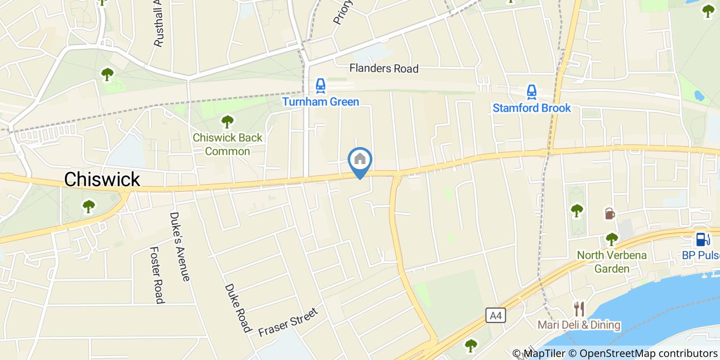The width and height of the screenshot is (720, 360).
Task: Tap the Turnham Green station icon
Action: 320,86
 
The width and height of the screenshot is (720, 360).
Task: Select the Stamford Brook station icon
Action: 532,92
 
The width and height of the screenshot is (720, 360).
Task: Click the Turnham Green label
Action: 320,102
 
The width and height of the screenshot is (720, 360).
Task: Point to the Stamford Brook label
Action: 532,108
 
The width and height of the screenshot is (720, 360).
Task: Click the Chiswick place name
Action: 102,179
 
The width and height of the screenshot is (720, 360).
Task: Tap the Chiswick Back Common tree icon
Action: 227,122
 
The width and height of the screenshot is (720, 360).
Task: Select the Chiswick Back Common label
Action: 227,145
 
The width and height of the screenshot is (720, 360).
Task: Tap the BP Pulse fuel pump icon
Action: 700,239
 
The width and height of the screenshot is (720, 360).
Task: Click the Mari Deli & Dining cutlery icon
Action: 579,309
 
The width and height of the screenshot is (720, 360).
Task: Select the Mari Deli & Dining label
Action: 579,325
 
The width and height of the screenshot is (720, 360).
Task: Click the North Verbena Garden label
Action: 611,262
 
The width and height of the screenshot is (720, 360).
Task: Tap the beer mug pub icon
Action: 609,213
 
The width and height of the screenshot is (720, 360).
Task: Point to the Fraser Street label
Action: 289,321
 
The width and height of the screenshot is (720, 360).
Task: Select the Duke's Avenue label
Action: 180,246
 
